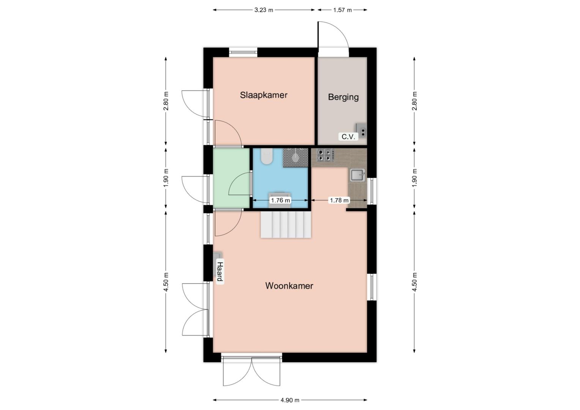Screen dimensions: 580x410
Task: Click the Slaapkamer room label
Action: [263, 95]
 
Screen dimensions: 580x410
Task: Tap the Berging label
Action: [344, 97]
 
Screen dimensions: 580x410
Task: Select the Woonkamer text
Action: [289, 286]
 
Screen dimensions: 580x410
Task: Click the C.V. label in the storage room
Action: [348, 137]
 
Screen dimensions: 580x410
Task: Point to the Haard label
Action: [220, 272]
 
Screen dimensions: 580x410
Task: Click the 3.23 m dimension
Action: [263, 10]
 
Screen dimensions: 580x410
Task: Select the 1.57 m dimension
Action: [342, 10]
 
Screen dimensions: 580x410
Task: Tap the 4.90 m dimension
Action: [290, 400]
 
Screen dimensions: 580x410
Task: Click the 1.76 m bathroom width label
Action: [280, 200]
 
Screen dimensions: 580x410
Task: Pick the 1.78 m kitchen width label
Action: [339, 200]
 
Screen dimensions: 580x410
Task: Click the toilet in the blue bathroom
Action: [267, 156]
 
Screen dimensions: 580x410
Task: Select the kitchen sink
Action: [358, 175]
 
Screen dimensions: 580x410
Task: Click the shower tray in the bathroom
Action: [295, 158]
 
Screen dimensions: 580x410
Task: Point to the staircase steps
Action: [286, 224]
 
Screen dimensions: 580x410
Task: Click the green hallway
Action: [231, 178]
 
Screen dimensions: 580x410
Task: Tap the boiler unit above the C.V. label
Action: [361, 130]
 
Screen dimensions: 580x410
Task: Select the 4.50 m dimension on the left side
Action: [166, 282]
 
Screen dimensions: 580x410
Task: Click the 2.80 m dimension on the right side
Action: [414, 101]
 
